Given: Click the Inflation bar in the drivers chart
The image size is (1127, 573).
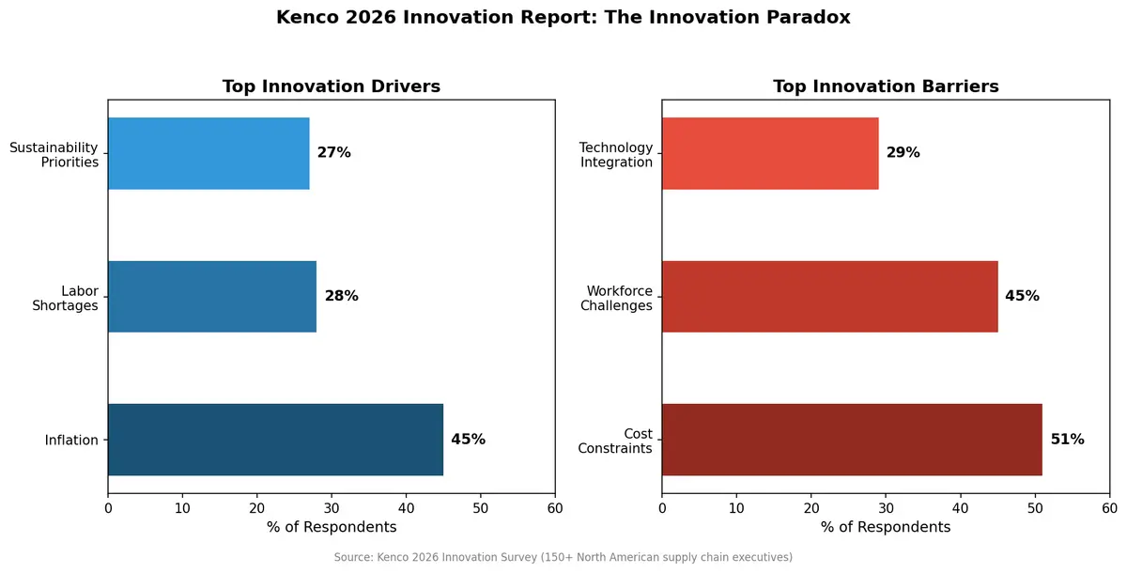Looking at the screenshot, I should pos(275,440).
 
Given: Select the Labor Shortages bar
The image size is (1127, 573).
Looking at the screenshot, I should pos(212,296).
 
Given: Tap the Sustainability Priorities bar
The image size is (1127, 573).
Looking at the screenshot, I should pos(208,153).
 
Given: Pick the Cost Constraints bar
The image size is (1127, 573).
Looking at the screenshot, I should pos(852,440).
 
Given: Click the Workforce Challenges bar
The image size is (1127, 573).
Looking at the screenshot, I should pos(829,296).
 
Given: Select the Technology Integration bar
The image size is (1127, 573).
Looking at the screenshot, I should pos(770,153).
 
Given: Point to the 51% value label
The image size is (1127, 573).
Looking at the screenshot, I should pos(1067,440).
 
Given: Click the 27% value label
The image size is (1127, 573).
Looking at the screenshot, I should pos(333,153).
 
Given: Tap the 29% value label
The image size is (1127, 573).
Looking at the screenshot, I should pos(903,153).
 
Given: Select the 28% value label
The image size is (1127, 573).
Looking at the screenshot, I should pos(341,296).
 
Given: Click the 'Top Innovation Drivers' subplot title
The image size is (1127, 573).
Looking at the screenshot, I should pos(331,86).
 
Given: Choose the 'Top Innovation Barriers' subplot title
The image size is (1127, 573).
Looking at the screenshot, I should pos(886,86).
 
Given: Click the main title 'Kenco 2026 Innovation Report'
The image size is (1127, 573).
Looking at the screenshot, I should pos(563,18).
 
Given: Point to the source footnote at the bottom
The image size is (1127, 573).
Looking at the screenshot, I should pos(563,557).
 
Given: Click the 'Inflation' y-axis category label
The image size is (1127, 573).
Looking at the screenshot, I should pos(71,441).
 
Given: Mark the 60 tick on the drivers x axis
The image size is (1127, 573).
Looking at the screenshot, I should pos(555,508).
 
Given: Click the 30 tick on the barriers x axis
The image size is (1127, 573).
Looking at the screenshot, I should pos(886,508).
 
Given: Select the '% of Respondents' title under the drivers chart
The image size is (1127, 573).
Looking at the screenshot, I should pos(331,527).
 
